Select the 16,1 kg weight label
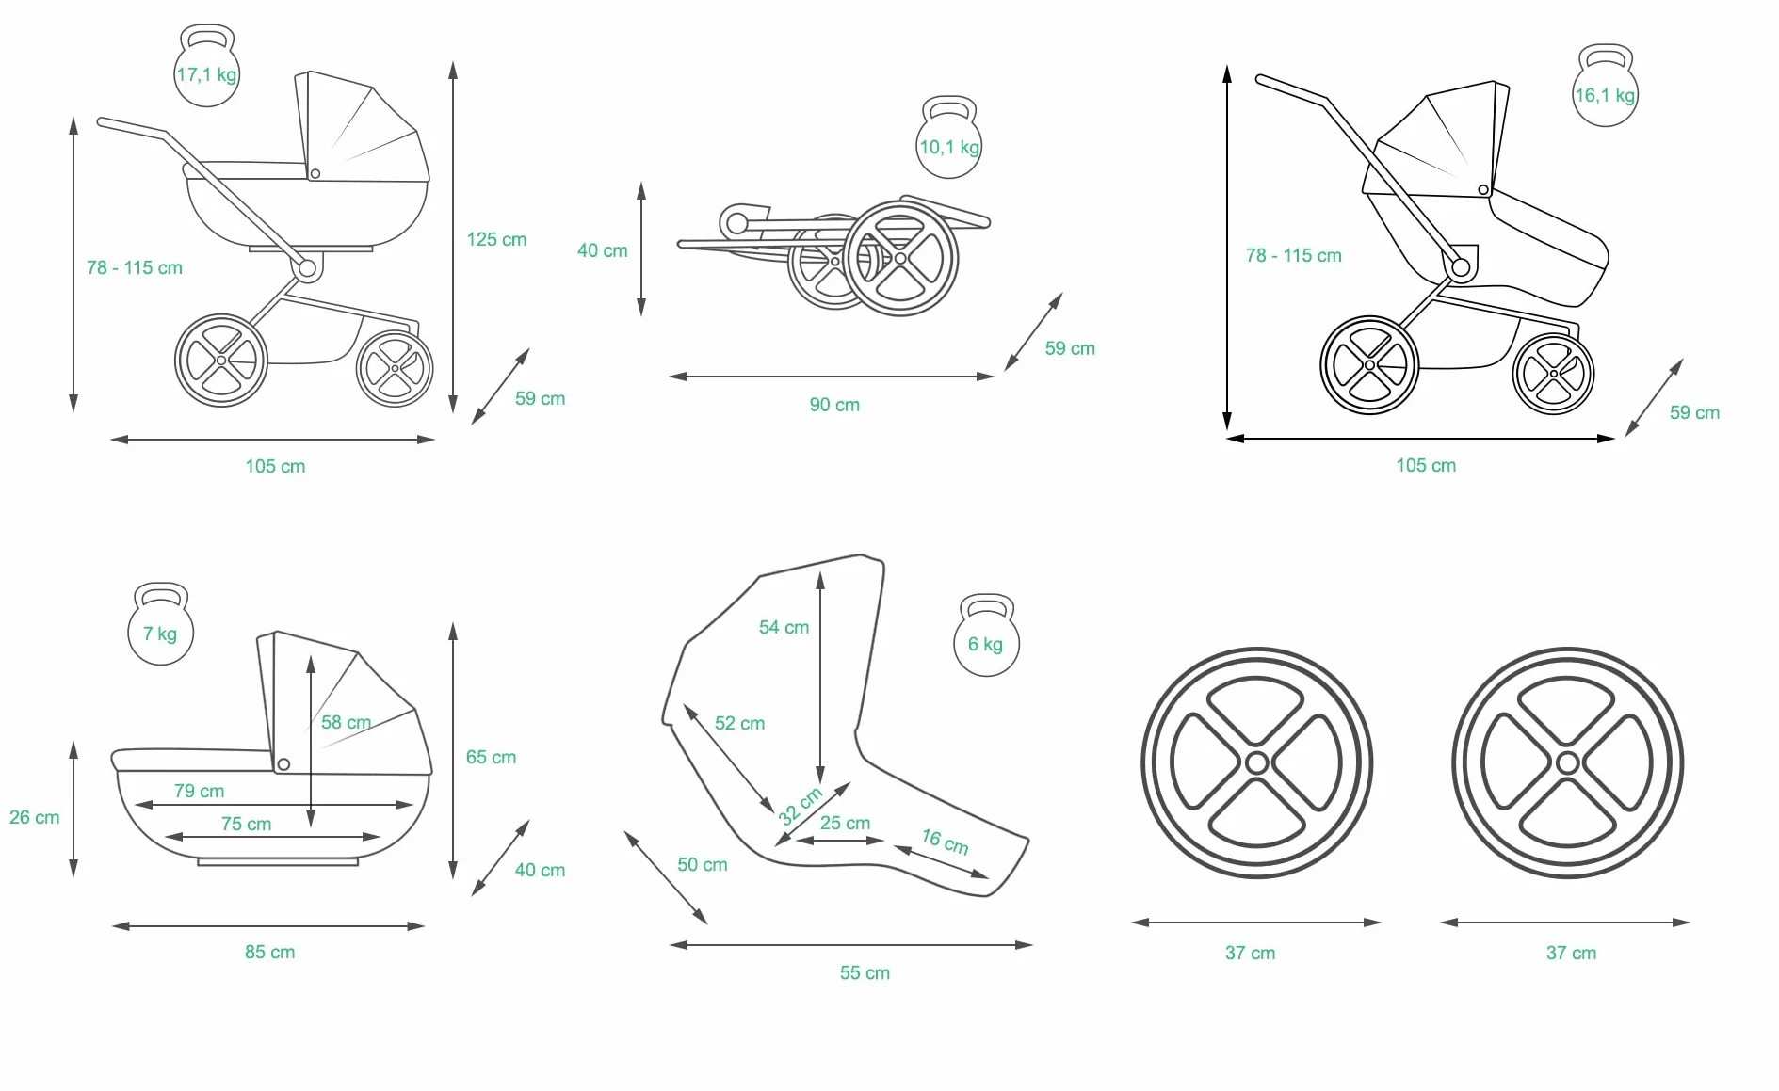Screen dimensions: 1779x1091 tap(1606, 95)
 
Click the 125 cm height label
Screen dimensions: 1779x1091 tap(496, 239)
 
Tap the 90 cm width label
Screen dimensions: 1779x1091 tap(834, 405)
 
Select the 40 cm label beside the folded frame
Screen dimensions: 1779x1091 tap(602, 250)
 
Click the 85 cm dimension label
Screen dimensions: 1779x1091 tap(269, 952)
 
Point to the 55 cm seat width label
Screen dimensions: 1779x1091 tap(865, 972)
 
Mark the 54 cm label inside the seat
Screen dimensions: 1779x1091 tap(784, 627)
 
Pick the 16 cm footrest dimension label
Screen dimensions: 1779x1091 tap(945, 842)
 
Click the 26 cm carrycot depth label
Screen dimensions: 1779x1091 tap(34, 817)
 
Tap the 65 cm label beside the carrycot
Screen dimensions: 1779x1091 tap(491, 757)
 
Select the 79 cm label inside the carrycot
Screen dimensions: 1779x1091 tap(199, 791)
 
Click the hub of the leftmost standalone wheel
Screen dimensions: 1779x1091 tap(1256, 762)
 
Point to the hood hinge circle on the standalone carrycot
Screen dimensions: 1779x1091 tap(283, 764)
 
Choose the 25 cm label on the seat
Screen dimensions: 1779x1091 tap(845, 823)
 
